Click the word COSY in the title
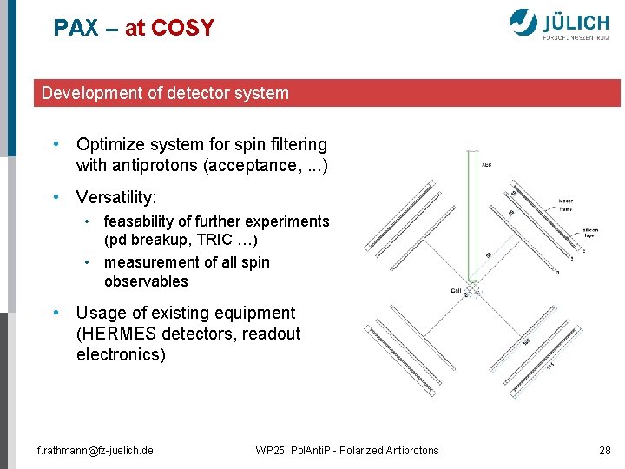pos(182,28)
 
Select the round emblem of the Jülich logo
pos(523,22)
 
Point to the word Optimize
pos(109,144)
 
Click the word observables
pos(146,281)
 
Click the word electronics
pos(121,354)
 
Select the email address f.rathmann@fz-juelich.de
pos(95,450)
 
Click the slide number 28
pos(605,450)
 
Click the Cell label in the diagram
pos(455,291)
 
